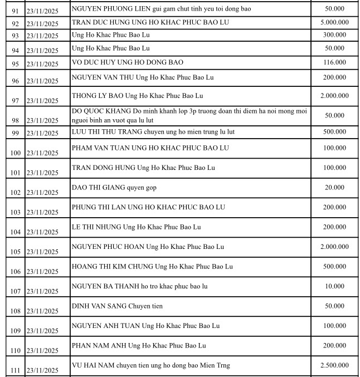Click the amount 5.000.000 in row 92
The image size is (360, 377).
[334, 22]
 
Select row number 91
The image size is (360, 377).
[15, 10]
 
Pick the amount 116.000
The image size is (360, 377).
[334, 62]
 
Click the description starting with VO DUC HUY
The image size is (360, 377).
[127, 62]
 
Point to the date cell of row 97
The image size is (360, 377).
[42, 101]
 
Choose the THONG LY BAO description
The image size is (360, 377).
[137, 96]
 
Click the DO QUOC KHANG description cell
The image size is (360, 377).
[189, 116]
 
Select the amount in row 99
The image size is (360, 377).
[334, 131]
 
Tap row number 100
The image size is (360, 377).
[15, 153]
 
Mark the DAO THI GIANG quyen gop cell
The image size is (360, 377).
[114, 188]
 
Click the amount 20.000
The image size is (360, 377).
[334, 188]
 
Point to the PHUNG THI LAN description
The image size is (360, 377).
[148, 207]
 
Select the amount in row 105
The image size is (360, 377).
[334, 247]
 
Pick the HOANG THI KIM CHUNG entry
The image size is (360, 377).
[152, 267]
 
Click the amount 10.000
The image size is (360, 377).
[334, 286]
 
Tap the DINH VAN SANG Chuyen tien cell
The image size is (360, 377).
[117, 306]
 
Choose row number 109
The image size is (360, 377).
[15, 331]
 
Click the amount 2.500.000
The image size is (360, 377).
[334, 365]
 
